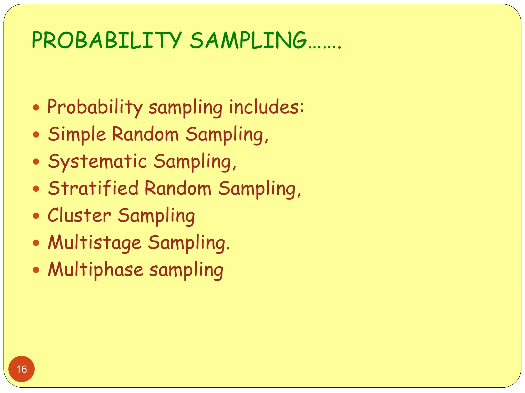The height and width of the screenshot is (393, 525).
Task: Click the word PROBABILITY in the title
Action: coord(106,40)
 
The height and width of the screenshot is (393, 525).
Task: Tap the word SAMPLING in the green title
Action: coord(248,40)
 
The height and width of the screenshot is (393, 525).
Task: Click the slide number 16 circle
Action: coord(22,369)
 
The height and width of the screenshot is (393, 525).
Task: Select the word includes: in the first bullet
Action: coord(266,107)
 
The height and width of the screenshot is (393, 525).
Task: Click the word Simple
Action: coord(77,134)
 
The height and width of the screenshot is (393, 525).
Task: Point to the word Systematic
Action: coord(97,162)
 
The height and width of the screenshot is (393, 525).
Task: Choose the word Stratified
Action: coord(93,188)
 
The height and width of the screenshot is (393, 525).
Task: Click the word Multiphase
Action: coord(96,270)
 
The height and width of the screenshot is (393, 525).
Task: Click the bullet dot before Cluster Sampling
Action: coord(36,215)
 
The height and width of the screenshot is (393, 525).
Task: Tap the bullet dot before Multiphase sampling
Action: coord(36,270)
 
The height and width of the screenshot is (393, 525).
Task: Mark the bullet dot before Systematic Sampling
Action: coord(36,161)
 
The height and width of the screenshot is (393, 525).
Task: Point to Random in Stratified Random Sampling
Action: coord(178,188)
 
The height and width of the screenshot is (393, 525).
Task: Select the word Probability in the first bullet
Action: coord(95,107)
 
